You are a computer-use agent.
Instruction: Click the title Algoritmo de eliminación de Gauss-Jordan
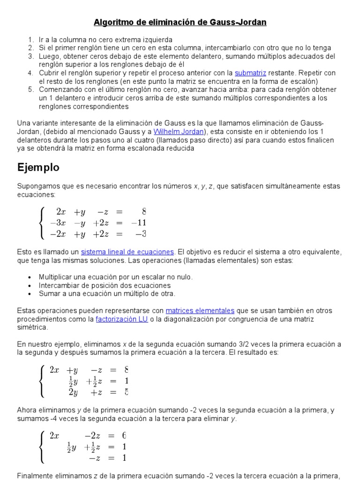[180, 22]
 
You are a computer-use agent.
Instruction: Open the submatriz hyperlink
[250, 73]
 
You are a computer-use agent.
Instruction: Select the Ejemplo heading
[38, 167]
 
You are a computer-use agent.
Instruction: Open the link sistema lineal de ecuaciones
[127, 252]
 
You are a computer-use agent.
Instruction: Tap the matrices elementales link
[200, 310]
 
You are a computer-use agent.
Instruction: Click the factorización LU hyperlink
[122, 319]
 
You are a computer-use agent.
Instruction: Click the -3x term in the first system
[58, 223]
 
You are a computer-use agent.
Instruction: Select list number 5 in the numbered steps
[30, 90]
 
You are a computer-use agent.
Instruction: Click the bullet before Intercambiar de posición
[30, 285]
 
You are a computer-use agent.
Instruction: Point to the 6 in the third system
[124, 435]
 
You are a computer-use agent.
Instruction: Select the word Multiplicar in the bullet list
[58, 277]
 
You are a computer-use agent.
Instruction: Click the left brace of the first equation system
[43, 222]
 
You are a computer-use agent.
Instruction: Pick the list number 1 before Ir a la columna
[30, 40]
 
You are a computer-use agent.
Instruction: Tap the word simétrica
[32, 327]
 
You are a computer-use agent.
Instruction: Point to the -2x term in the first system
[58, 233]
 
